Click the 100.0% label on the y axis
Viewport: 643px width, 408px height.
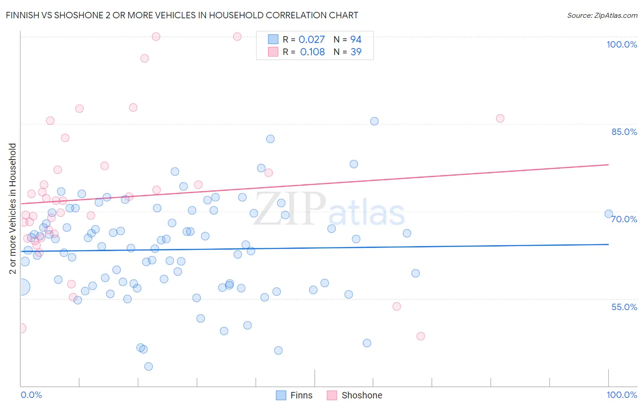point(622,44)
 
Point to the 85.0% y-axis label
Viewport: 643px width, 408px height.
point(624,132)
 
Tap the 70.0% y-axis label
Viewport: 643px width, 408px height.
point(624,219)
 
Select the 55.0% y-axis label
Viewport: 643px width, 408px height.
point(624,307)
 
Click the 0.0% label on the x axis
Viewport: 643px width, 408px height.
point(31,395)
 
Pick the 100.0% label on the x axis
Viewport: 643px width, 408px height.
point(622,395)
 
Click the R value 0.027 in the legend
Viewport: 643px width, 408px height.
point(311,40)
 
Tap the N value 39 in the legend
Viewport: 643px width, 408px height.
point(356,52)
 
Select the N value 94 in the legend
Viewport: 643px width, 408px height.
point(356,40)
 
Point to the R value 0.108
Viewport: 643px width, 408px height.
point(312,52)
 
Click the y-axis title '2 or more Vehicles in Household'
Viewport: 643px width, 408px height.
point(13,209)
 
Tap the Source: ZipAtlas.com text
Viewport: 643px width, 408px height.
point(602,16)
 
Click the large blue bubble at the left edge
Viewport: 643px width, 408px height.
point(21,287)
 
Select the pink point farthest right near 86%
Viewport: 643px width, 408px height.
point(500,118)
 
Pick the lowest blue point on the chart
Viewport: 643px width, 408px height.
point(148,366)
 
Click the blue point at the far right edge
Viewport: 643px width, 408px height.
point(608,214)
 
